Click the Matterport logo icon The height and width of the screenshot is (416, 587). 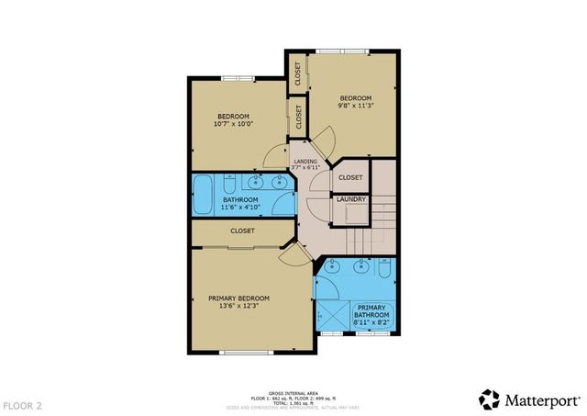tap(490, 399)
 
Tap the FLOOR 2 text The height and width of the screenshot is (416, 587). tap(22, 404)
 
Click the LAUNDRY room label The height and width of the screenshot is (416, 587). tap(351, 199)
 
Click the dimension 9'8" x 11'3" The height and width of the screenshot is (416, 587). tap(356, 107)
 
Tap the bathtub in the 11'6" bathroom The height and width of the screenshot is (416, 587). tap(203, 195)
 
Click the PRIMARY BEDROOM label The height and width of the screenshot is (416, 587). tap(238, 298)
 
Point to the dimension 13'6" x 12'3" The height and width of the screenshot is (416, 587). tap(238, 307)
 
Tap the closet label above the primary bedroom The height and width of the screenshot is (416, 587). tap(242, 231)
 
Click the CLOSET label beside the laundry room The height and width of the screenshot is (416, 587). tap(350, 176)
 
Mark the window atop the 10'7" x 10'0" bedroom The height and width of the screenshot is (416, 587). tap(240, 78)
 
